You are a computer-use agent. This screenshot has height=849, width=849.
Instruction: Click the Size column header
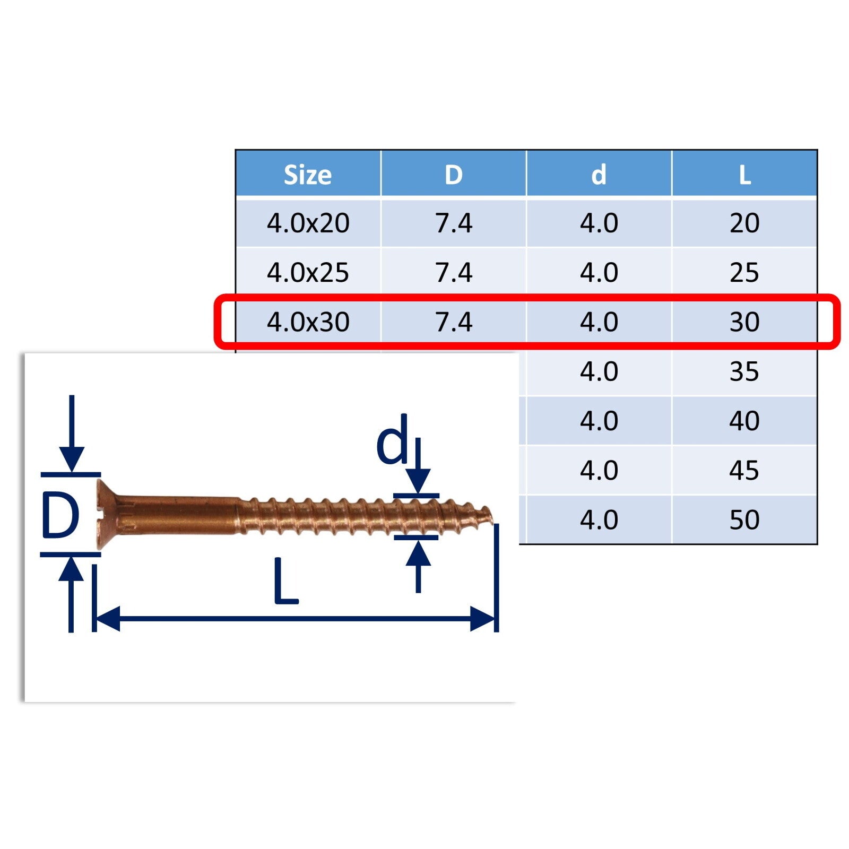pyautogui.click(x=308, y=175)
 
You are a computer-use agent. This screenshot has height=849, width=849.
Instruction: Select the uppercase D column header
pyautogui.click(x=454, y=175)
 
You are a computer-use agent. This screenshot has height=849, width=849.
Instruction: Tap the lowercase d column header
pyautogui.click(x=599, y=174)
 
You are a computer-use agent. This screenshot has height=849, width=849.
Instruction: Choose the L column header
pyautogui.click(x=744, y=175)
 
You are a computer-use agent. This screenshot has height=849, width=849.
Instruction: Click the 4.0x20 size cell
pyautogui.click(x=308, y=223)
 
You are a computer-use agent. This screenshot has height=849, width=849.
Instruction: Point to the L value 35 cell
pyautogui.click(x=744, y=371)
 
